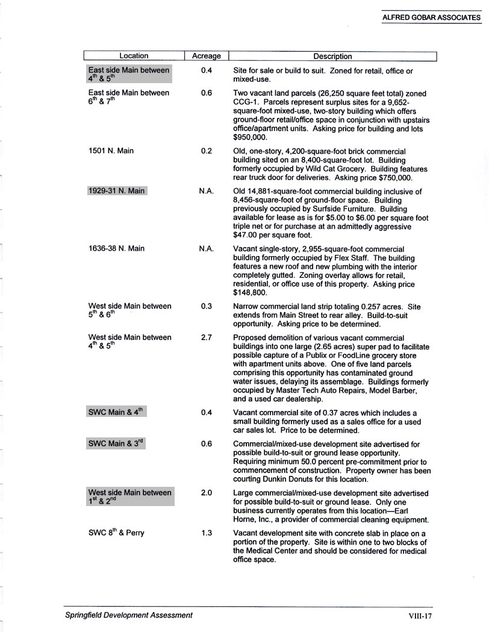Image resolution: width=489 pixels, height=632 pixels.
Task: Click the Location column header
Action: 133,56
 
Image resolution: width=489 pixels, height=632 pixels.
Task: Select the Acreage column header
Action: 206,56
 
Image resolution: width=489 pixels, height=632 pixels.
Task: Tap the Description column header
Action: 332,56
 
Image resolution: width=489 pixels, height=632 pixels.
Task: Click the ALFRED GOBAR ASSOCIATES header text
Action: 431,18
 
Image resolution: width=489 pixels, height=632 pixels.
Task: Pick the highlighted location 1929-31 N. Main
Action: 117,191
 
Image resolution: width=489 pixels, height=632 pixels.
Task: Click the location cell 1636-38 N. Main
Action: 116,248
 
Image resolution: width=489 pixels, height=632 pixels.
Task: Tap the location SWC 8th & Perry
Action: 116,533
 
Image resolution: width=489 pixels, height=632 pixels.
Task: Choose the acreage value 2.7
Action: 206,337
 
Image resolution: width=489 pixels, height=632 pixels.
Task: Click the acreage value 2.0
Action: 206,493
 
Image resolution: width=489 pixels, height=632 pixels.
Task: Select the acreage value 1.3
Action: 206,533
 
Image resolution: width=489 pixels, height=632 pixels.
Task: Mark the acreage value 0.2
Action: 206,151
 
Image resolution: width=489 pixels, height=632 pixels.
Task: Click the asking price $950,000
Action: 252,138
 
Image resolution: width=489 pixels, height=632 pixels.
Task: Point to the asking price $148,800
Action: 252,292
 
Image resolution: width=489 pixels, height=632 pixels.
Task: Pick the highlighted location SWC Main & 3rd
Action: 117,443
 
